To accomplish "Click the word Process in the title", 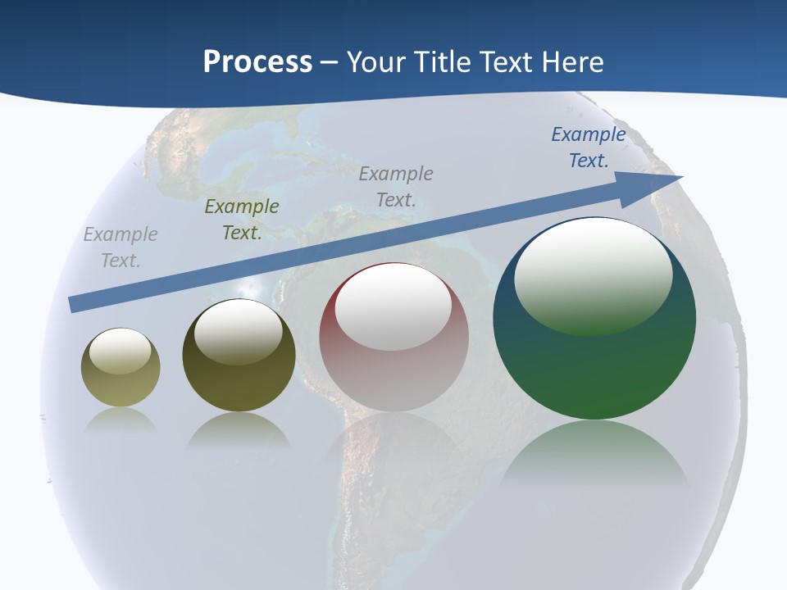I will click(x=257, y=62).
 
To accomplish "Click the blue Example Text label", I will click(x=588, y=147).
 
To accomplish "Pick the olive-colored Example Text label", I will click(x=242, y=220).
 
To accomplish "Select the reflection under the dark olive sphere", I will click(x=239, y=431).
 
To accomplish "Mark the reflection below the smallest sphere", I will click(x=121, y=420).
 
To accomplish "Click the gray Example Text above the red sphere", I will click(x=396, y=187).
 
